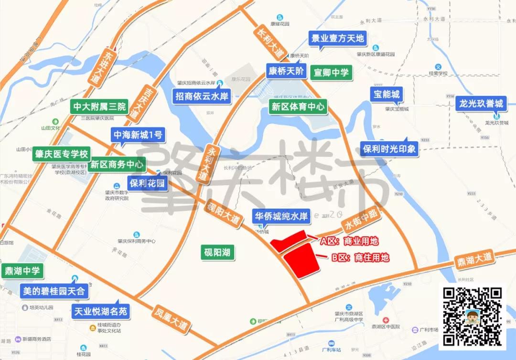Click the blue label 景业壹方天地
pyautogui.click(x=337, y=38)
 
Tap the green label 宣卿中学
pyautogui.click(x=331, y=73)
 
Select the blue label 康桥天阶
pyautogui.click(x=286, y=71)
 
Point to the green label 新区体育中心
pyautogui.click(x=298, y=106)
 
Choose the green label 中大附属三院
pyautogui.click(x=99, y=106)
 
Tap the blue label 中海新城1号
pyautogui.click(x=138, y=135)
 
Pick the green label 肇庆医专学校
pyautogui.click(x=61, y=155)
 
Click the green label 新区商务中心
pyautogui.click(x=117, y=164)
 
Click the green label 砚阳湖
pyautogui.click(x=217, y=252)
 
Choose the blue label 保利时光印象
pyautogui.click(x=389, y=148)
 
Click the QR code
pyautogui.click(x=473, y=317)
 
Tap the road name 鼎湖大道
pyautogui.click(x=474, y=258)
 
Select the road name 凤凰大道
pyautogui.click(x=171, y=320)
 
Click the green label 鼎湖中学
pyautogui.click(x=22, y=271)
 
